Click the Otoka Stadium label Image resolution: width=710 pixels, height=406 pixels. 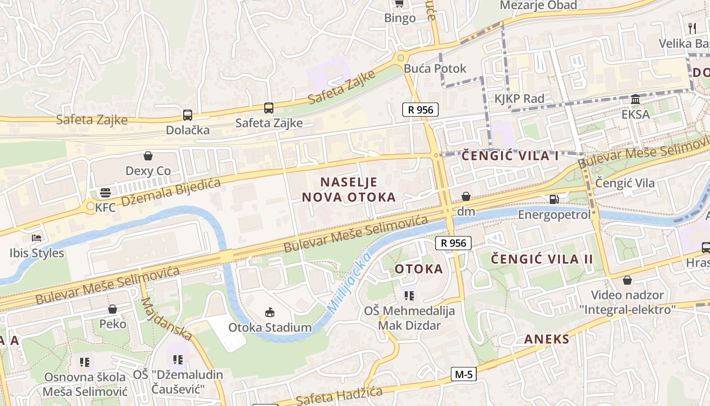pos(270,327)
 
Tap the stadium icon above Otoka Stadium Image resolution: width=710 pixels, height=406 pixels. pos(270,312)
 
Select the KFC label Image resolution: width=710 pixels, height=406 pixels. pos(105,207)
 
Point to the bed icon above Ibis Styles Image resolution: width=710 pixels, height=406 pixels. pos(37,238)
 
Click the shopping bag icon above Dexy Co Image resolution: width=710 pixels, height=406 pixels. pos(148,155)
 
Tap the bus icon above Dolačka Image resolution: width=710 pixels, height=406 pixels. pos(188,115)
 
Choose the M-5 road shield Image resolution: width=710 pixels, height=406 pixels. pos(464,375)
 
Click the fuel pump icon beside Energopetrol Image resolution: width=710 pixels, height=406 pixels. pos(554,199)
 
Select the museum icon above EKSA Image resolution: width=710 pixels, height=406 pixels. pos(635,99)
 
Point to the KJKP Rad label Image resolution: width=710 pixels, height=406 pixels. pos(519,98)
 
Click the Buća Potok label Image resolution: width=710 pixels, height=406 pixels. pos(435,69)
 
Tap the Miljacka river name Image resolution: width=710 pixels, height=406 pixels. pos(349,282)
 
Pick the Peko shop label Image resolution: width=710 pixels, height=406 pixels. pos(113,324)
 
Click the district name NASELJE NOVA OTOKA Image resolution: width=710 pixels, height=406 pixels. pos(349,190)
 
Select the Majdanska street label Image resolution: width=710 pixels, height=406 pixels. pos(167,318)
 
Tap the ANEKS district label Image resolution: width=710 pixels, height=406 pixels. pos(547,339)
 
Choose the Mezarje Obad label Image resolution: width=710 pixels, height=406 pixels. pos(538,5)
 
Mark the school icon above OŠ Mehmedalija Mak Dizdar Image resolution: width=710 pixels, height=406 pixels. pos(409,295)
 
